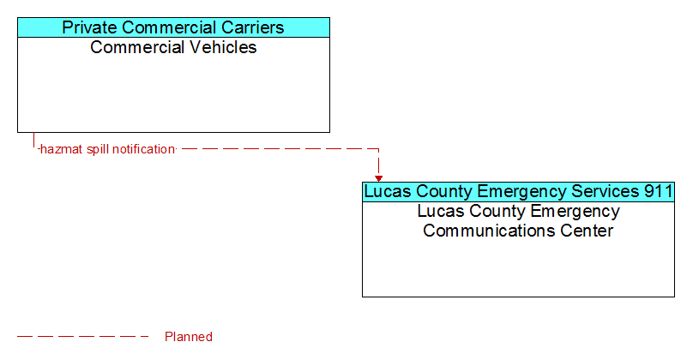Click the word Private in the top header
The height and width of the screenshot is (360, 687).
coord(90,27)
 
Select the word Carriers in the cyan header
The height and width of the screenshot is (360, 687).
coord(252,27)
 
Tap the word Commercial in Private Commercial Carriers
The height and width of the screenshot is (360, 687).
coord(169,27)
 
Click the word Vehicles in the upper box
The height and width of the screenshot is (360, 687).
coord(224,47)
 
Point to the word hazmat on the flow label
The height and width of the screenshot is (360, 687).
coord(62,149)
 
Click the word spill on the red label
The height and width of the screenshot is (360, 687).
coord(97,149)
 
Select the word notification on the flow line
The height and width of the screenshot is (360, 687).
coord(143,149)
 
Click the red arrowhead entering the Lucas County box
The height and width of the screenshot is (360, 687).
coord(378,178)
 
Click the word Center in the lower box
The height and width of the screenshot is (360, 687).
coord(587,231)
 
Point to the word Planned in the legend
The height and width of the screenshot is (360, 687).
coord(189,336)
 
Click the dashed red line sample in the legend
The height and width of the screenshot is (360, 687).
coord(83,336)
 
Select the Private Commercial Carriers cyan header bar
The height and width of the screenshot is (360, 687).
coord(173,27)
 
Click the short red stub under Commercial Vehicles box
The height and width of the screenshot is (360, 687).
coord(33,140)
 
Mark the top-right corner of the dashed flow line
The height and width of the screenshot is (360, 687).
coord(378,149)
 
